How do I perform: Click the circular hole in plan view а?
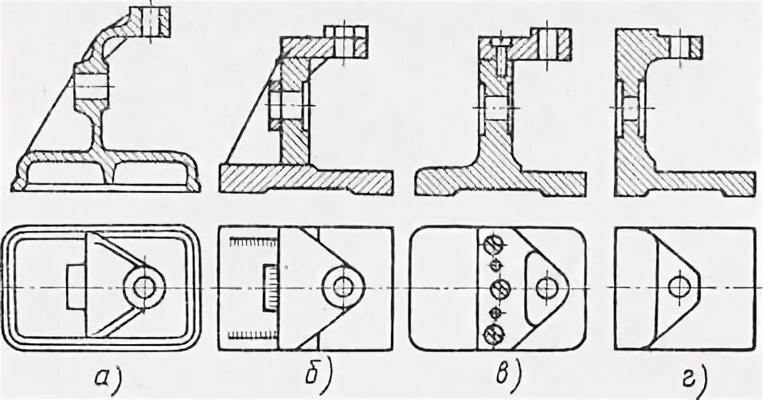(x=146, y=287)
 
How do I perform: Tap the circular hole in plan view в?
(x=546, y=287)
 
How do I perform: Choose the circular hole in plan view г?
(x=679, y=285)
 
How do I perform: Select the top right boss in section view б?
(x=346, y=40)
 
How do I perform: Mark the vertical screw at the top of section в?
(x=497, y=56)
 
